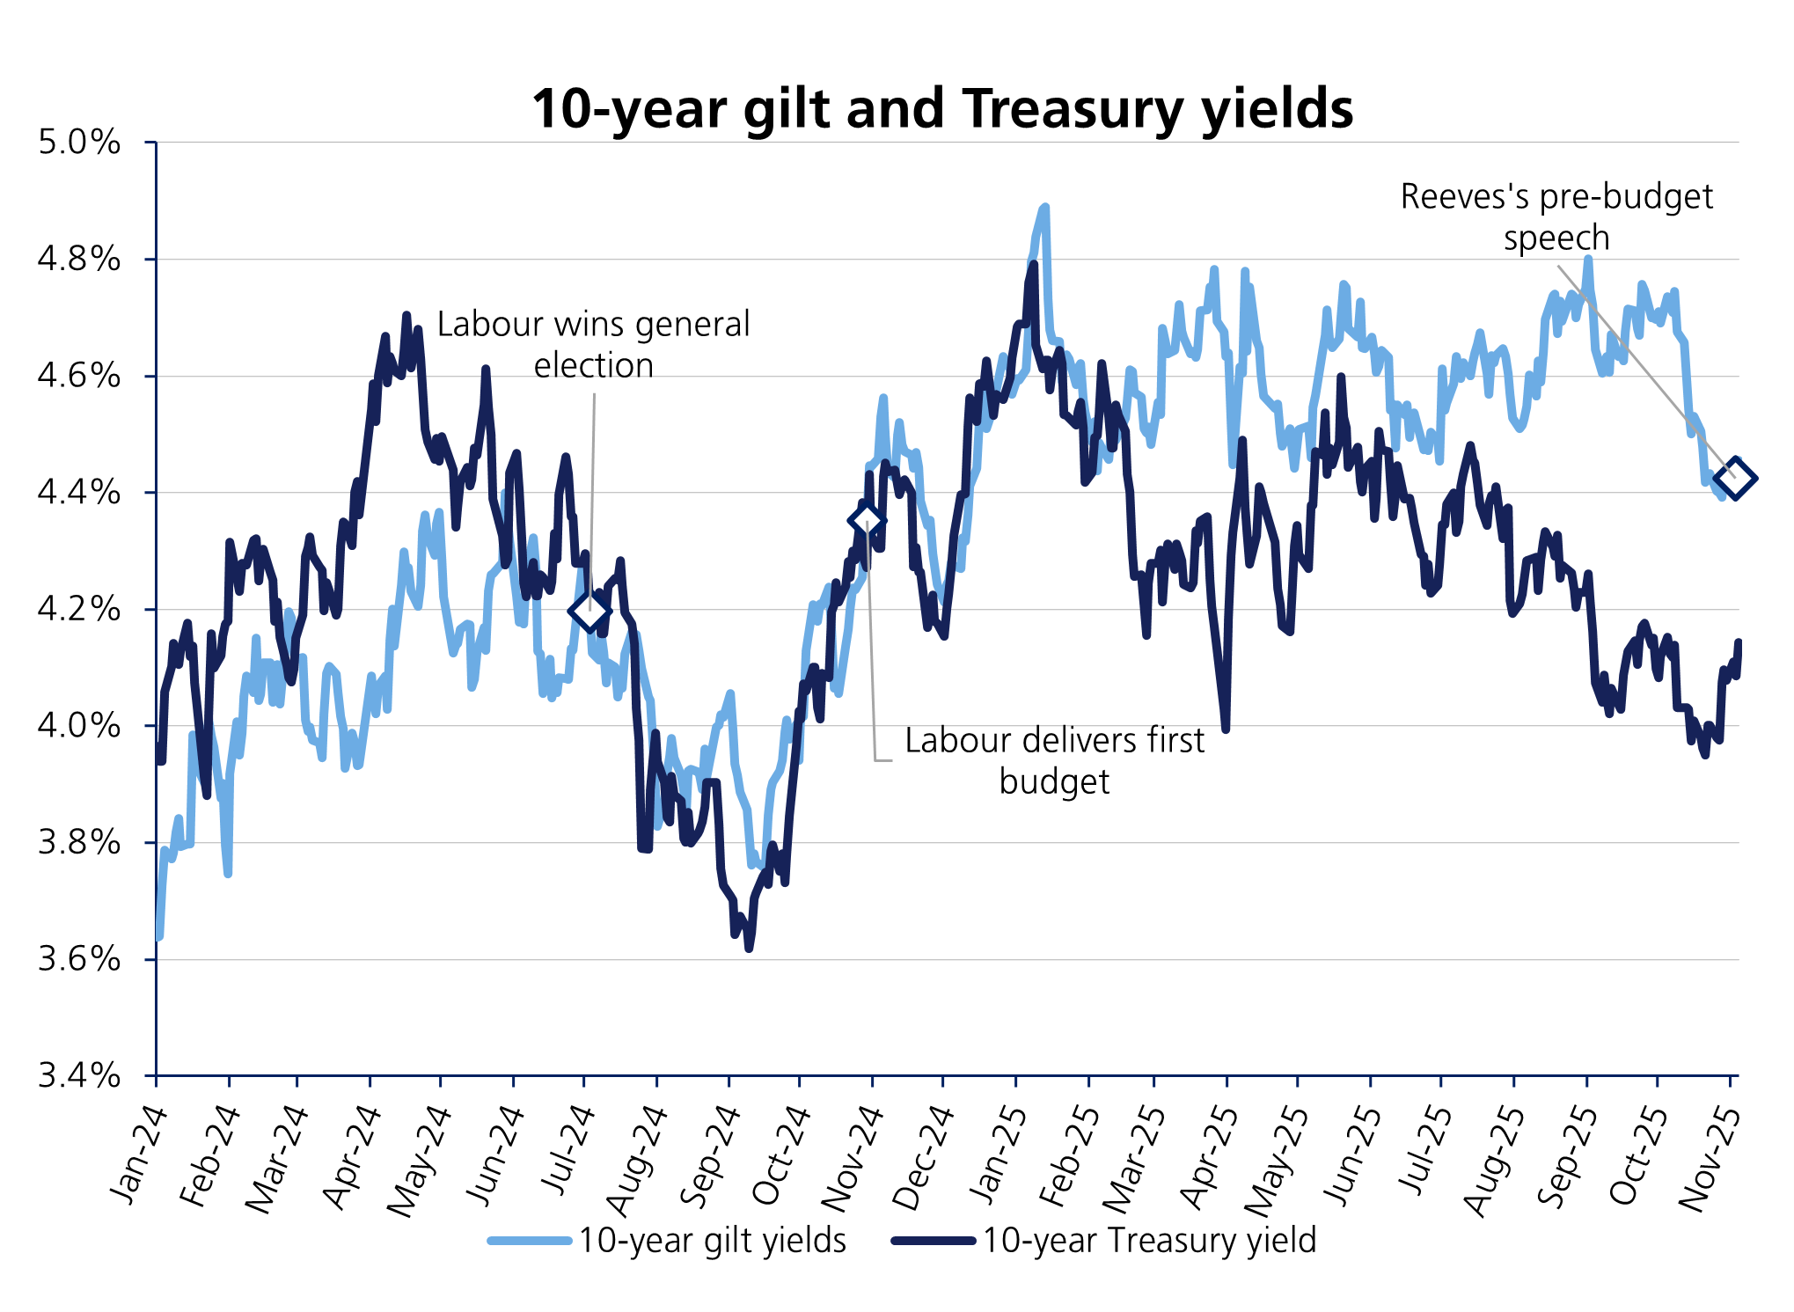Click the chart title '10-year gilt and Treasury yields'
(941, 109)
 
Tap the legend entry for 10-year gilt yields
(711, 1240)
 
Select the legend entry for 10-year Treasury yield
(1148, 1240)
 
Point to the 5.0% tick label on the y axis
(79, 142)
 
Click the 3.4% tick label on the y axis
(79, 1074)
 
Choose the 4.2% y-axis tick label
(79, 608)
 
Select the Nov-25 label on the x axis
(1710, 1158)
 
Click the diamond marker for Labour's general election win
(589, 611)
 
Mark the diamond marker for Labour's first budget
(867, 520)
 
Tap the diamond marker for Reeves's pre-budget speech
(1735, 478)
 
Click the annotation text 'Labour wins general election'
(593, 344)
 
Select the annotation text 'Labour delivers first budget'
(1054, 760)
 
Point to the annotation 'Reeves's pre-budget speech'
(1556, 216)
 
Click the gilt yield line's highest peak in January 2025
(1045, 208)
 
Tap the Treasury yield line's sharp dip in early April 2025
(1226, 729)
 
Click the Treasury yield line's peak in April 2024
(406, 314)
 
